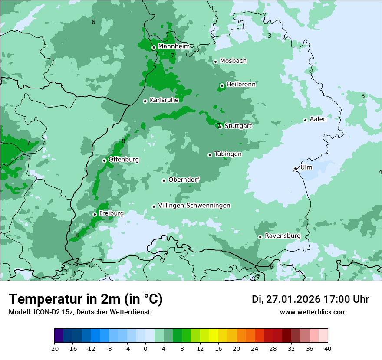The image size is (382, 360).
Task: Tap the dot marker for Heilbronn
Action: pyautogui.click(x=222, y=85)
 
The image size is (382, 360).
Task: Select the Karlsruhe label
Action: pyautogui.click(x=164, y=100)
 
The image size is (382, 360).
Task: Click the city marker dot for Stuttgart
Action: pyautogui.click(x=221, y=127)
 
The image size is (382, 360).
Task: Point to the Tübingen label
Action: pyautogui.click(x=227, y=154)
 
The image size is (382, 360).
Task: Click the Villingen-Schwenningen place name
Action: pyautogui.click(x=194, y=206)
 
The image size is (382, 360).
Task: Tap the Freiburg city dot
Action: pyautogui.click(x=95, y=214)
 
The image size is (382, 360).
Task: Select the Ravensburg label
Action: pyautogui.click(x=282, y=236)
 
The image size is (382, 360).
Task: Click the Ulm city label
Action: pyautogui.click(x=306, y=167)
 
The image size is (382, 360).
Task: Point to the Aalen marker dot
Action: pyautogui.click(x=305, y=120)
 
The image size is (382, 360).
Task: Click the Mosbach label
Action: pyautogui.click(x=233, y=61)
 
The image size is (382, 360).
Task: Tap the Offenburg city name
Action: pyautogui.click(x=123, y=160)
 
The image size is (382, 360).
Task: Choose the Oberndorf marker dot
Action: pyautogui.click(x=164, y=180)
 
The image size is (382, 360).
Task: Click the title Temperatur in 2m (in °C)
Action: pyautogui.click(x=86, y=299)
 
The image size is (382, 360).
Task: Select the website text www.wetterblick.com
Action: pyautogui.click(x=313, y=312)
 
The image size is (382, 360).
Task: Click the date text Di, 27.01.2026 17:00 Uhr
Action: pyautogui.click(x=310, y=299)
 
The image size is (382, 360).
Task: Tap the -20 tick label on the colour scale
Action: pyautogui.click(x=54, y=349)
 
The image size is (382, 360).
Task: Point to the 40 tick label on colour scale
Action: pyautogui.click(x=328, y=349)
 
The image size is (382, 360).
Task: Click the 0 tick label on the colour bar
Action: pyautogui.click(x=145, y=349)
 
